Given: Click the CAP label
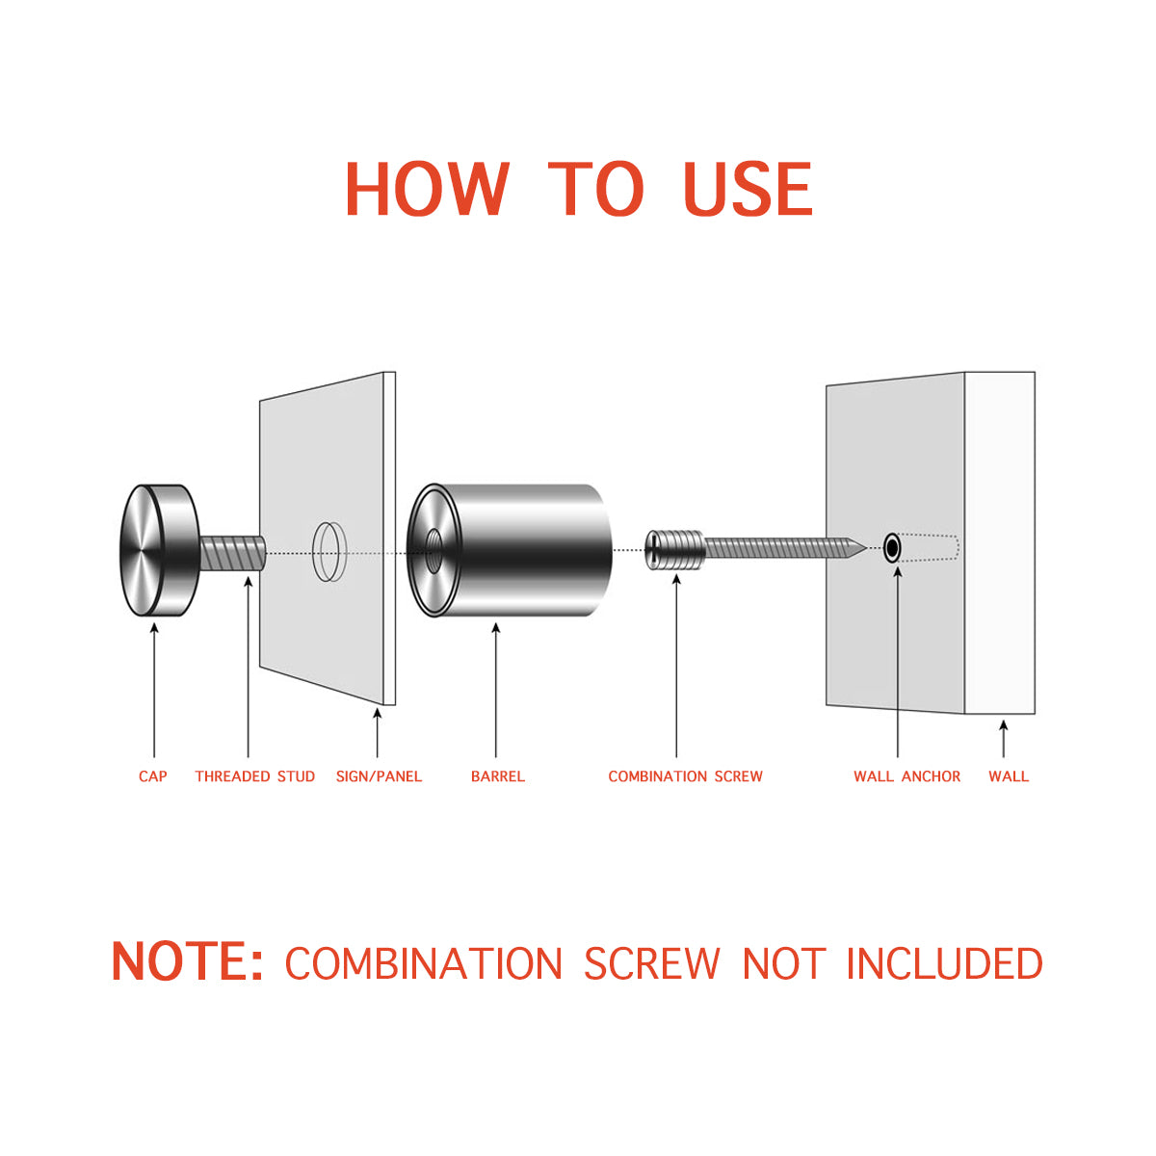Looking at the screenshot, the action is tap(153, 776).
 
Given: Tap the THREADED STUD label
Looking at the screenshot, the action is tap(255, 776).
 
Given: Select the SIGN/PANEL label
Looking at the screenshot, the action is tap(380, 776).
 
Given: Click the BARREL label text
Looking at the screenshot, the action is tap(498, 776).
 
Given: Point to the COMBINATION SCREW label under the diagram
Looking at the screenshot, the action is tap(686, 776).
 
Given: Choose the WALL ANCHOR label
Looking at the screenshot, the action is tap(907, 776).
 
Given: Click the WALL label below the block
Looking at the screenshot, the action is tap(1009, 776).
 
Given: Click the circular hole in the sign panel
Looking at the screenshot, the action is tap(330, 551).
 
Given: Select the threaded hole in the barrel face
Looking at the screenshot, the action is tap(433, 551).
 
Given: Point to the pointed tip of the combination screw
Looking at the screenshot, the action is tap(866, 548).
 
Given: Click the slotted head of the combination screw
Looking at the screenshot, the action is tap(653, 550).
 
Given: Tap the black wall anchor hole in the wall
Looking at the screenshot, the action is tap(893, 548).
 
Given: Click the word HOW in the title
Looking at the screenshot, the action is tap(428, 189).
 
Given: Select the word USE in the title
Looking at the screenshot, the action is tap(749, 189).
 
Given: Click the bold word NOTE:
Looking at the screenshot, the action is tap(187, 961).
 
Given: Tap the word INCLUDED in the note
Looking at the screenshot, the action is tap(944, 962).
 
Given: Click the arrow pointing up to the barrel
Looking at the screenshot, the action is tap(495, 691).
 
